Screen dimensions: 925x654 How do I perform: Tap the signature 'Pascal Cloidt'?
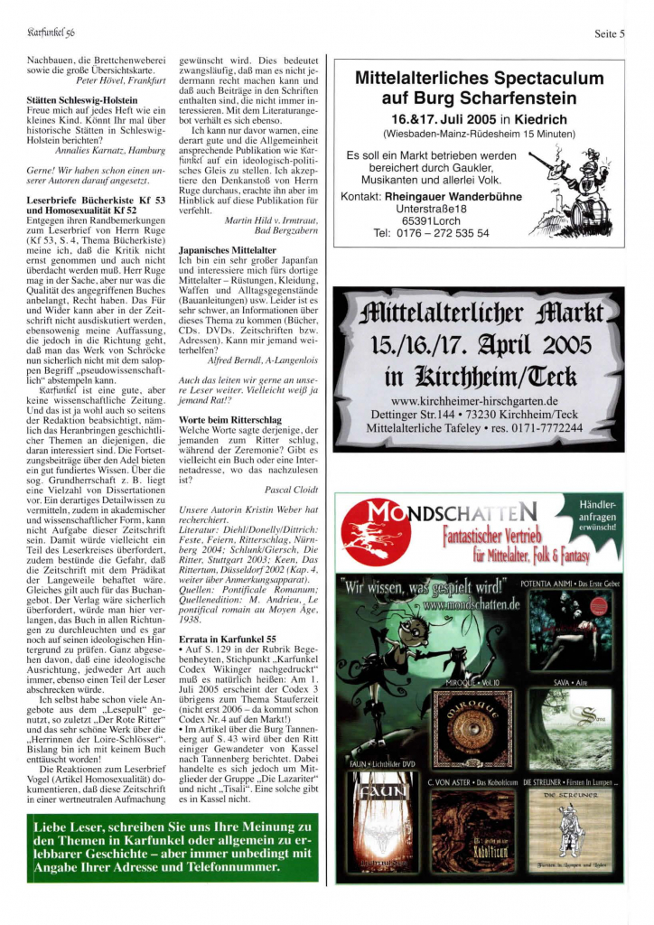coord(291,489)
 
